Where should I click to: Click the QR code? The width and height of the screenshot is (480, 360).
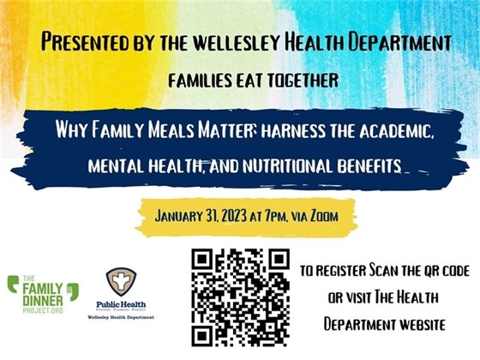[x=240, y=297]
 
